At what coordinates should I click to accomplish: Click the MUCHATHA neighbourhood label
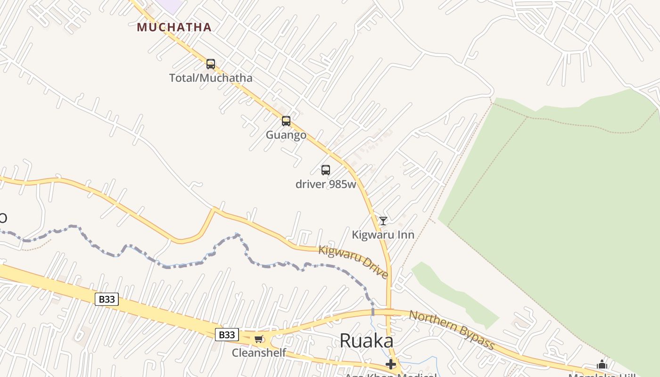pyautogui.click(x=174, y=27)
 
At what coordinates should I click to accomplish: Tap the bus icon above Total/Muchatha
pyautogui.click(x=211, y=64)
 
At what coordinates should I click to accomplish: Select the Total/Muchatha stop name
pyautogui.click(x=211, y=78)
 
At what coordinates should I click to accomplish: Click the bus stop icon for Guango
pyautogui.click(x=286, y=121)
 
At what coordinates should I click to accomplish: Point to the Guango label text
pyautogui.click(x=286, y=135)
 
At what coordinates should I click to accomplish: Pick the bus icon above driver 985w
pyautogui.click(x=326, y=170)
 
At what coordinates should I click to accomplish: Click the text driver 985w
pyautogui.click(x=326, y=184)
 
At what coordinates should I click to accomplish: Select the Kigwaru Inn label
pyautogui.click(x=383, y=235)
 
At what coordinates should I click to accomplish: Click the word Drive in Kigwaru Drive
pyautogui.click(x=374, y=268)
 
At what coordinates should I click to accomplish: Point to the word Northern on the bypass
pyautogui.click(x=433, y=322)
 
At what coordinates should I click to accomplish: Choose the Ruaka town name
pyautogui.click(x=366, y=341)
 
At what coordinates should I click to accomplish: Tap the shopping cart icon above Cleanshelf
pyautogui.click(x=258, y=339)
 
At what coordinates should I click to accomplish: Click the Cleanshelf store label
pyautogui.click(x=259, y=352)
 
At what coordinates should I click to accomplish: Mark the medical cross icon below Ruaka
pyautogui.click(x=391, y=364)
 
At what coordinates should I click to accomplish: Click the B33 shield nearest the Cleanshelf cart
pyautogui.click(x=227, y=335)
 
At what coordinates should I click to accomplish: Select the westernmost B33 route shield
pyautogui.click(x=107, y=299)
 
